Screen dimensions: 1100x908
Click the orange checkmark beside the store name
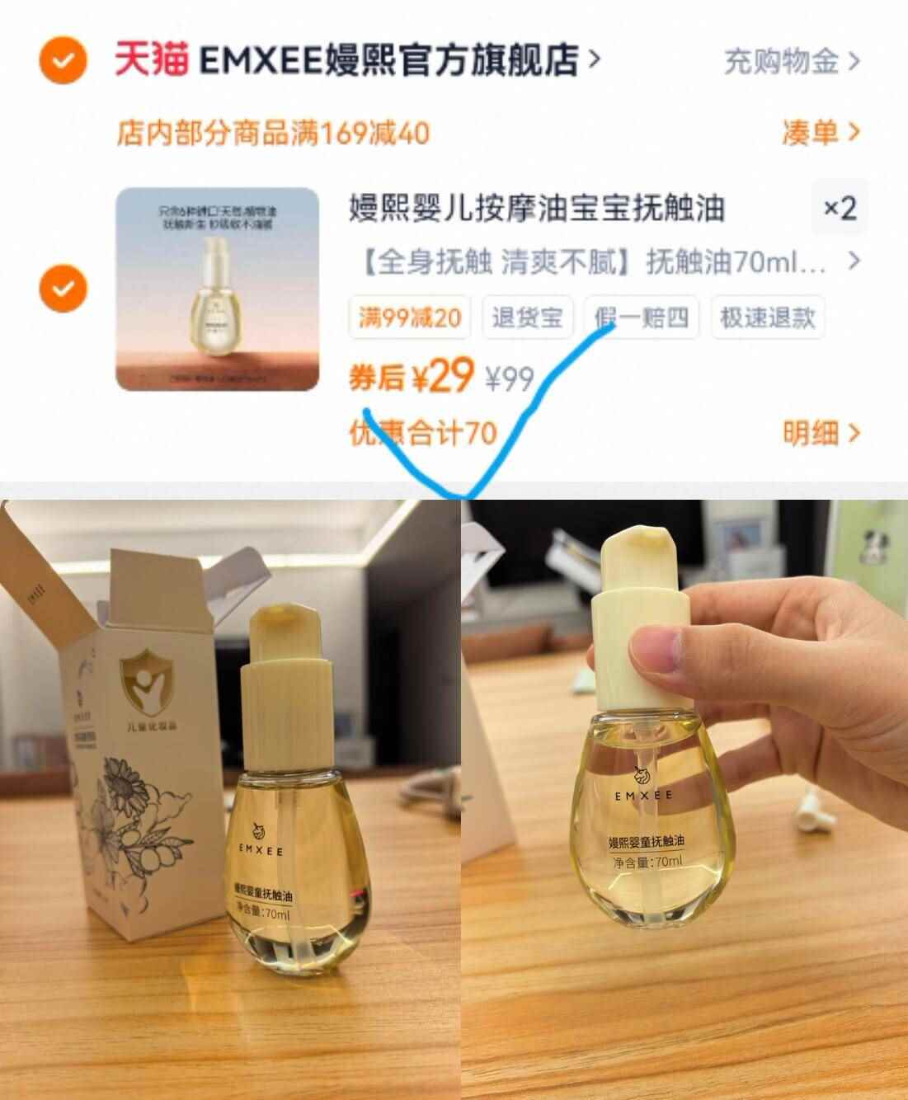click(63, 59)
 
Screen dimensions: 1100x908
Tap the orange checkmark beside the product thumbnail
click(63, 289)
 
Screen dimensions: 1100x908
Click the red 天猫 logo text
click(150, 59)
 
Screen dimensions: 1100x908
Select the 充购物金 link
click(791, 61)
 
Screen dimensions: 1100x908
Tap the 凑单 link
click(821, 132)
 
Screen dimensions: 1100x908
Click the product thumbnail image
click(217, 289)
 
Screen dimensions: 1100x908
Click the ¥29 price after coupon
click(442, 378)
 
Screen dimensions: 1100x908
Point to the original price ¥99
click(509, 379)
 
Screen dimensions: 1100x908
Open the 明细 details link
click(821, 433)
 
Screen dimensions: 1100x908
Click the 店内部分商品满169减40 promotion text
click(273, 133)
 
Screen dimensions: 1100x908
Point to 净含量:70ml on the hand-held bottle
click(647, 863)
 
